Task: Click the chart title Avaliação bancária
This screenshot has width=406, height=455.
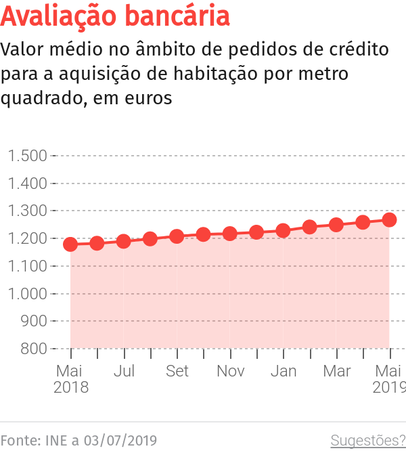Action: tap(116, 16)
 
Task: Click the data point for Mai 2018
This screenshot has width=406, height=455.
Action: tap(70, 244)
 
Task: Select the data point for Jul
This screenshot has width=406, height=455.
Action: tap(124, 241)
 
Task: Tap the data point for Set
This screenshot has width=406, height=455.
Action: tap(177, 236)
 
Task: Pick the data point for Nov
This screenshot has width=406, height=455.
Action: tap(230, 234)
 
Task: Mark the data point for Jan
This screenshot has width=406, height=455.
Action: tap(283, 230)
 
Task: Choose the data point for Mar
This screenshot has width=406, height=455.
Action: tap(336, 224)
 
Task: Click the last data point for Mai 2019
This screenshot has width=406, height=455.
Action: tap(389, 220)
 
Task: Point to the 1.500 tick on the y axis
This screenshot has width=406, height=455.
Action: tap(28, 156)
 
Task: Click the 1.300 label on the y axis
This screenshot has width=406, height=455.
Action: tap(28, 211)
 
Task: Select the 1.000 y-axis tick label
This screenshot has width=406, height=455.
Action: tap(28, 294)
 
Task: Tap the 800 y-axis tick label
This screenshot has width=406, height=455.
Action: tap(34, 349)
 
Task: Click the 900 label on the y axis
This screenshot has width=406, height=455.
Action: tap(34, 321)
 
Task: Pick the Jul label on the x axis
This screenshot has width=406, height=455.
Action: tap(124, 372)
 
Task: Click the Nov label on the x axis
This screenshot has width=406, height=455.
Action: tap(230, 372)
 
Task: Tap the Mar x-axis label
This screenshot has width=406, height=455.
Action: tap(336, 372)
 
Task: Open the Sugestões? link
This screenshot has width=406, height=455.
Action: tap(367, 441)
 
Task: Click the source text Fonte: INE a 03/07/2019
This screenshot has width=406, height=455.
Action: tap(78, 441)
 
